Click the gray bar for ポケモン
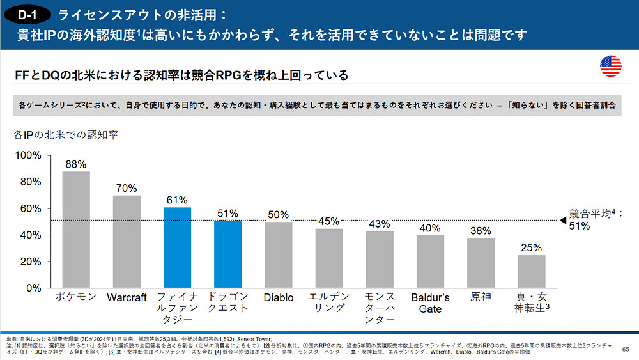pyautogui.click(x=76, y=230)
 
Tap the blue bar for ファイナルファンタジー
pyautogui.click(x=177, y=247)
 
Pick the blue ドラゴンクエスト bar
pyautogui.click(x=227, y=254)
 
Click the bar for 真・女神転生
pyautogui.click(x=531, y=272)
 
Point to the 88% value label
pyautogui.click(x=76, y=164)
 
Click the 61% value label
pyautogui.click(x=177, y=200)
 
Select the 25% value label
pyautogui.click(x=531, y=247)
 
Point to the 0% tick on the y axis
pyautogui.click(x=33, y=288)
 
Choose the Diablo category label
pyautogui.click(x=278, y=298)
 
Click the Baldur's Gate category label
pyautogui.click(x=430, y=303)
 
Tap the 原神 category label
pyautogui.click(x=481, y=298)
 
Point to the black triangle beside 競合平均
pyautogui.click(x=562, y=221)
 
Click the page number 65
pyautogui.click(x=625, y=348)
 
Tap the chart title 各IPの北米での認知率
pyautogui.click(x=66, y=135)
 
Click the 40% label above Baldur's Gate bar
pyautogui.click(x=430, y=228)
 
